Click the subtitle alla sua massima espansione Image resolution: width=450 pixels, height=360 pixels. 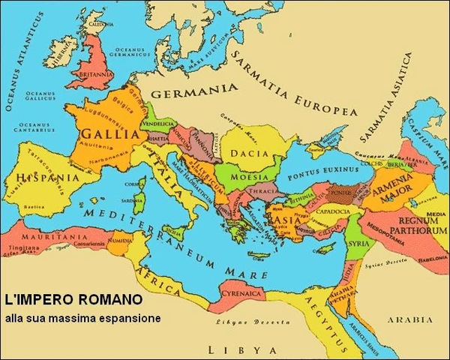coord(82,318)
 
